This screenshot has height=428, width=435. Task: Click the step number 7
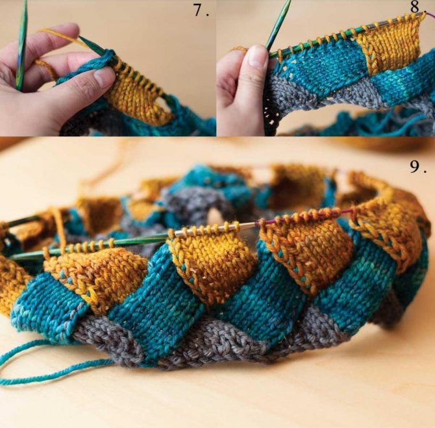coord(201,11)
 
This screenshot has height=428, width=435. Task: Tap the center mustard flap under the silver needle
coord(212,261)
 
